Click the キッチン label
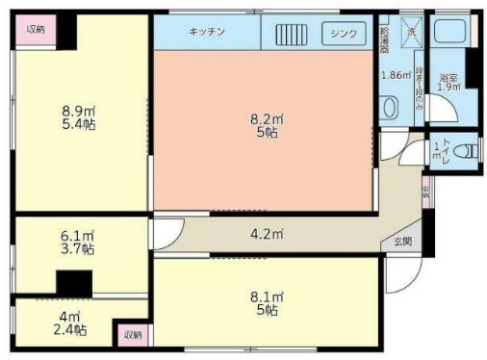pos(207,32)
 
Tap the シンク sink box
pos(343,33)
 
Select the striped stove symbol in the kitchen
pos(292,33)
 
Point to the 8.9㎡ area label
pos(78,110)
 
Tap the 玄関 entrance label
pos(403,242)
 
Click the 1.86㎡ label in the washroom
pos(395,75)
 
